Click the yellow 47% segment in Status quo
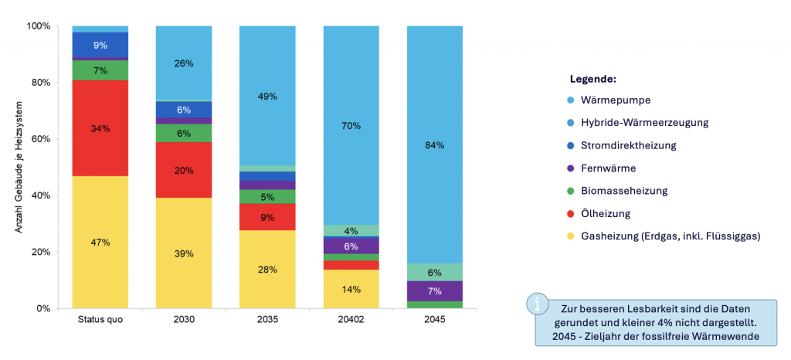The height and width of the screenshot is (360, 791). click(x=100, y=242)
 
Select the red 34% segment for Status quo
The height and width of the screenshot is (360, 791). click(x=100, y=128)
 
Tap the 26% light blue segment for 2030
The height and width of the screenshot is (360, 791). click(x=184, y=63)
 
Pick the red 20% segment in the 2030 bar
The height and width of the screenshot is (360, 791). click(x=184, y=170)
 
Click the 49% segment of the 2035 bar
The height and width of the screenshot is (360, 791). click(x=267, y=97)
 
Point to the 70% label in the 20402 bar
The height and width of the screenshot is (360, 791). click(x=351, y=125)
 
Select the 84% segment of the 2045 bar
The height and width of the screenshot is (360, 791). click(x=434, y=145)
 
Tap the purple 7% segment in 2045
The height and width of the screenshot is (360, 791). click(x=434, y=291)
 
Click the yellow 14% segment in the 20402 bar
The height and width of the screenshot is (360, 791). click(x=351, y=289)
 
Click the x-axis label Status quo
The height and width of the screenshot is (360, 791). click(x=100, y=320)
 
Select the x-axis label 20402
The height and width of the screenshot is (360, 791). click(x=351, y=320)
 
